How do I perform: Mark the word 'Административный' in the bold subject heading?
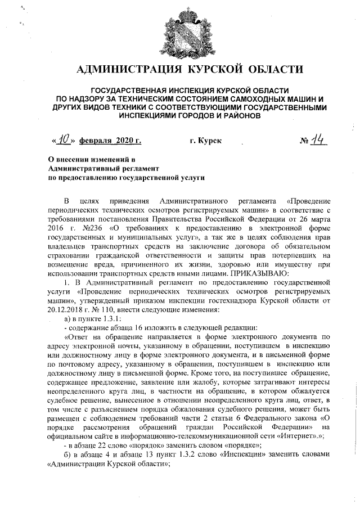click(x=79, y=168)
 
